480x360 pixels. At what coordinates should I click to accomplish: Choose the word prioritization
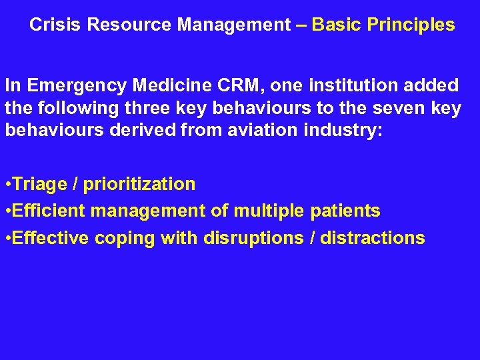coord(139,184)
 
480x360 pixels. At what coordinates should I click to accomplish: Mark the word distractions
coord(372,238)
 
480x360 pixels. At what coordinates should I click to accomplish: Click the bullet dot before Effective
coord(8,239)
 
